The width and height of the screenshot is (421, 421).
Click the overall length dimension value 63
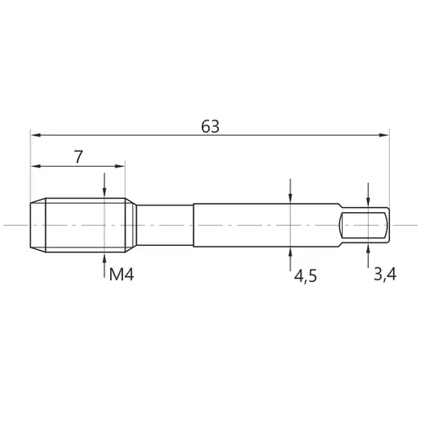[210, 126]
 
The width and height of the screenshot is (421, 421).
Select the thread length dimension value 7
[78, 157]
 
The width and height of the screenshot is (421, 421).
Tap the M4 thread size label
[121, 274]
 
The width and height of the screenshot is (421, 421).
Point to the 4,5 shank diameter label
[306, 276]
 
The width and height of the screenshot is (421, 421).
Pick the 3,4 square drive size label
[385, 274]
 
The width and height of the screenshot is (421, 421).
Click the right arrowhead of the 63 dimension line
[384, 135]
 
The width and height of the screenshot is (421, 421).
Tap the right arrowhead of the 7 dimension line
[120, 166]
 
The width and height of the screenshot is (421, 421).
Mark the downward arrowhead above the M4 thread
[104, 193]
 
